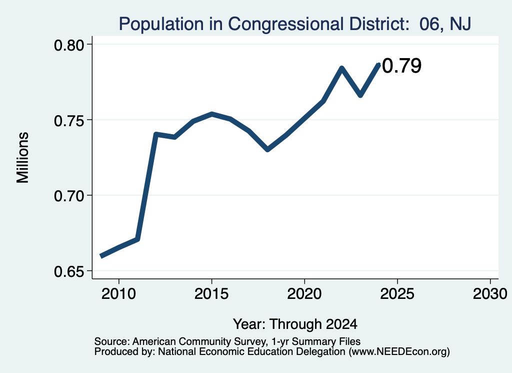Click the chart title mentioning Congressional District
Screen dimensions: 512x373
click(295, 24)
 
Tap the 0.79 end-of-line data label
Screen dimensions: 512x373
click(401, 66)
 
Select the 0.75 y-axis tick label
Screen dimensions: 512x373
click(68, 121)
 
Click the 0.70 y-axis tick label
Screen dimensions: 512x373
click(68, 196)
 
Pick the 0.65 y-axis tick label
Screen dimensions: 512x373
click(68, 272)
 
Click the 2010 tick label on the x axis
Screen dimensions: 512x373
click(118, 294)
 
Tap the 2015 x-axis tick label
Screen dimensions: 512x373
click(211, 294)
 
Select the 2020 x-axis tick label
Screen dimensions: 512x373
click(304, 294)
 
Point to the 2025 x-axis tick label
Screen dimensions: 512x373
click(397, 294)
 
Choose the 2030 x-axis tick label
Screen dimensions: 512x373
click(490, 294)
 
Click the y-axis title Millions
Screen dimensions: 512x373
click(23, 158)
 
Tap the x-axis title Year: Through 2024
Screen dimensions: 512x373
click(295, 324)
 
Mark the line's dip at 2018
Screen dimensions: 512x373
click(267, 150)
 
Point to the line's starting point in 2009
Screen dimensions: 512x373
click(101, 256)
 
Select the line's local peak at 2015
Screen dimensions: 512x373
click(212, 114)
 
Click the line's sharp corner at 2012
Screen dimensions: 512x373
click(156, 134)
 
